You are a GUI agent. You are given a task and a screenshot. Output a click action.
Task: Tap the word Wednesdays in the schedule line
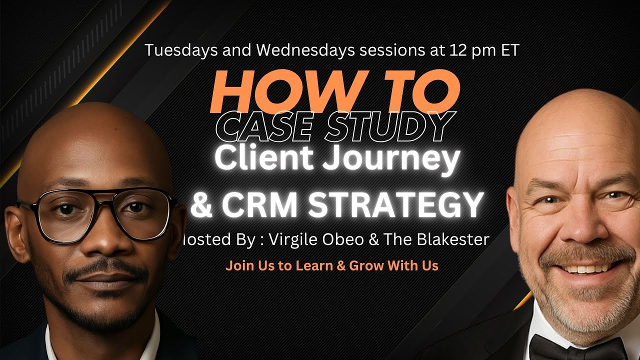pos(264,50)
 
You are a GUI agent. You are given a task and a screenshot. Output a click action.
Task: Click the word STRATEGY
pos(395,204)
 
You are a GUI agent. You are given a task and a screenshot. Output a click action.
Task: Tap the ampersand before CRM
pos(200,204)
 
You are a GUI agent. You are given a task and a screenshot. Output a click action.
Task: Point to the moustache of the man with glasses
pos(108,274)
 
